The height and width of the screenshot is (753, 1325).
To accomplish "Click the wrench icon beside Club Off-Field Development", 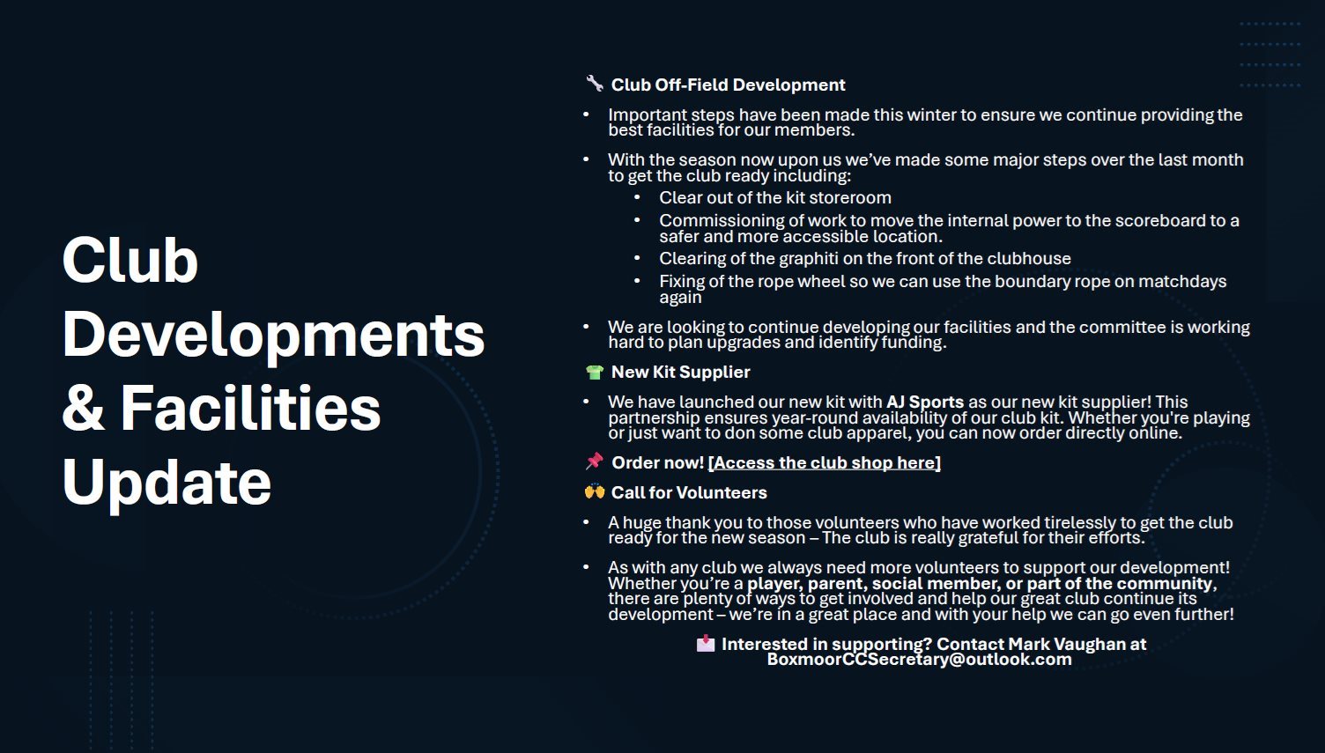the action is coord(595,84).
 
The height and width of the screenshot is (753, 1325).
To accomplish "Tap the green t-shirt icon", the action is coord(595,372).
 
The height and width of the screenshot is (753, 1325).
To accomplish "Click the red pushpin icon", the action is coord(595,461).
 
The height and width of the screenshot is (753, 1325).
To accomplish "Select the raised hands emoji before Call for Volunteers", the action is coord(595,491).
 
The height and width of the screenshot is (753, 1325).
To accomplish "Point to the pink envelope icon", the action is coord(705,643).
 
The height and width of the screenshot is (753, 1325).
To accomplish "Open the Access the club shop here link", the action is coord(824,462).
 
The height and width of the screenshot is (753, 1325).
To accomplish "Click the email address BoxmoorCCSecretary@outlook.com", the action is coord(919,659).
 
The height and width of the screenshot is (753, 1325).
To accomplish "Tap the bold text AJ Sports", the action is coord(925,402).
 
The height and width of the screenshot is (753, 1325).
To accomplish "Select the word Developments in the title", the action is coord(273,335).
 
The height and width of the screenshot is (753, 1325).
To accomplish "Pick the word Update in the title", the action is coord(167,483).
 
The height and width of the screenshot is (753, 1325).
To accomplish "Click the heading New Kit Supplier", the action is coord(680,372).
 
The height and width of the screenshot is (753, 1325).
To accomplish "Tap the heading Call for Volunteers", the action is coord(689,492).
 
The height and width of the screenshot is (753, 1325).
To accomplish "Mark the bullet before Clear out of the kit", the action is coord(637,197).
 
